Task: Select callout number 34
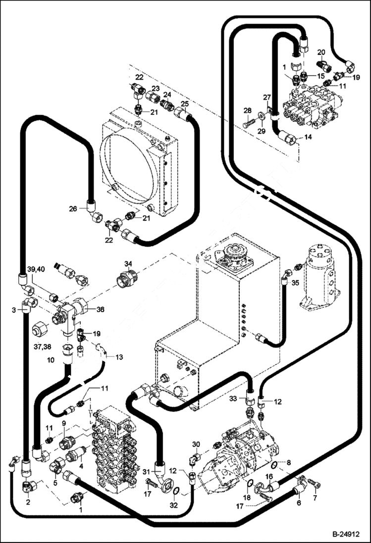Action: point(128,263)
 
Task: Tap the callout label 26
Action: point(73,209)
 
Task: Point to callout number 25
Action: point(185,103)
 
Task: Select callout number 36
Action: point(100,309)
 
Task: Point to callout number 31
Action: point(146,471)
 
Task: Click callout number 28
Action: point(248,110)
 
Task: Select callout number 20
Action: point(321,52)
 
